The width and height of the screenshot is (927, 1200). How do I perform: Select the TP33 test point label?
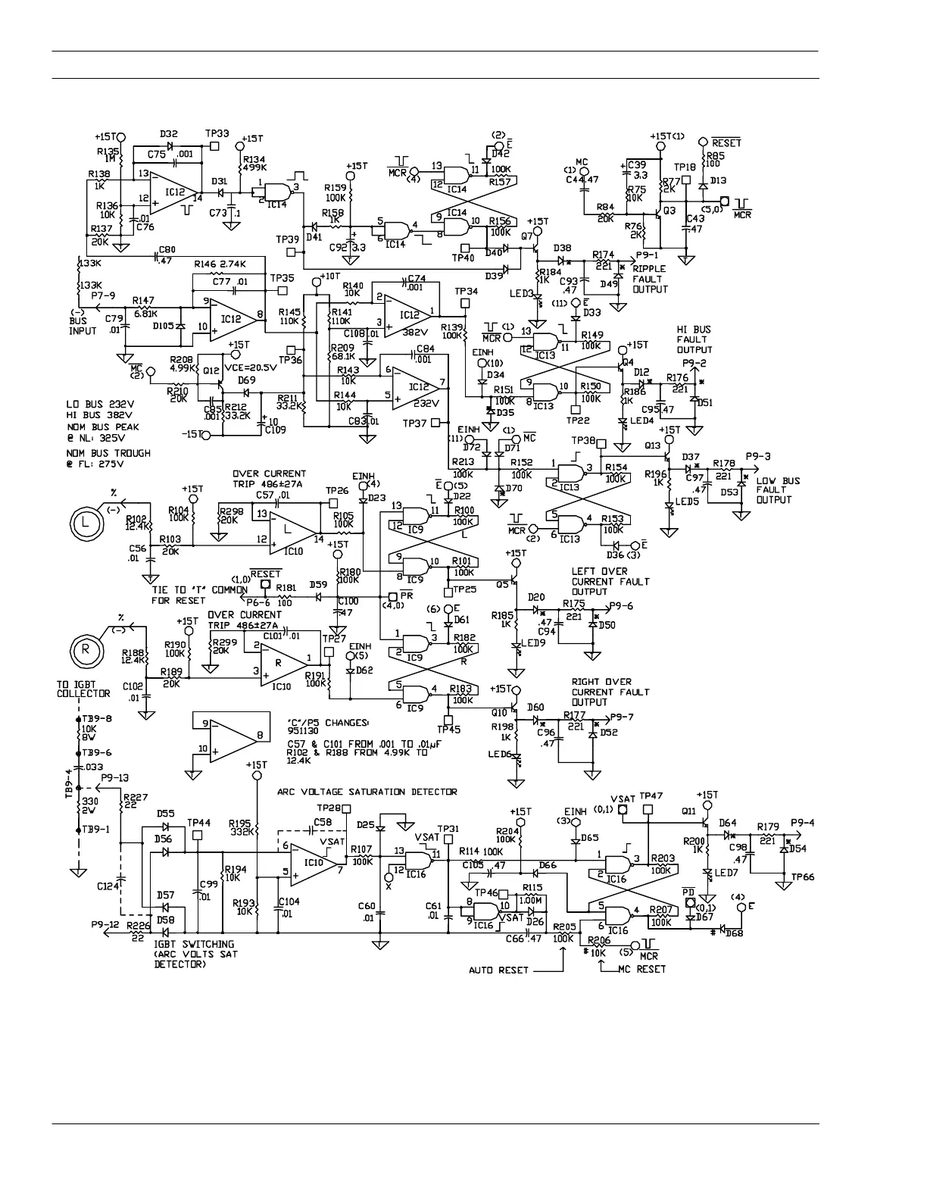pyautogui.click(x=217, y=133)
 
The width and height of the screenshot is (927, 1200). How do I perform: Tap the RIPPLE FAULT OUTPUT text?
pyautogui.click(x=650, y=279)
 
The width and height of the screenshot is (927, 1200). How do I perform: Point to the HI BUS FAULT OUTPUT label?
pyautogui.click(x=694, y=340)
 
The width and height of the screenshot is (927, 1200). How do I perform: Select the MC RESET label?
pyautogui.click(x=641, y=970)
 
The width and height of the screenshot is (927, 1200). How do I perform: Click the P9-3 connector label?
pyautogui.click(x=757, y=456)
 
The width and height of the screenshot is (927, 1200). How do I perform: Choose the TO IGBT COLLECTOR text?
pyautogui.click(x=83, y=688)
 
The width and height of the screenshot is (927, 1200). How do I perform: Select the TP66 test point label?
pyautogui.click(x=802, y=877)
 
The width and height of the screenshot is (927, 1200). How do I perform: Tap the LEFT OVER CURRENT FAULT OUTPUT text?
pyautogui.click(x=610, y=581)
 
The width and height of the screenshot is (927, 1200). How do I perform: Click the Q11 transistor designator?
pyautogui.click(x=688, y=811)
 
